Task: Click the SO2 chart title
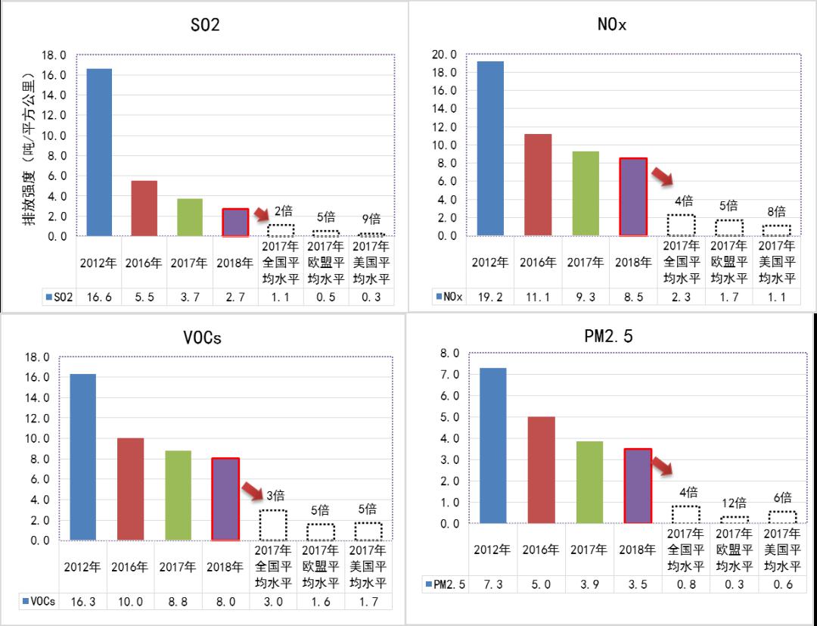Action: [205, 25]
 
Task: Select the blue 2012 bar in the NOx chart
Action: [490, 148]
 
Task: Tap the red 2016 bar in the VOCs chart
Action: [129, 489]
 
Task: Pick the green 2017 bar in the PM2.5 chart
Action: [589, 482]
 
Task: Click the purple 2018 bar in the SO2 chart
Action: [235, 223]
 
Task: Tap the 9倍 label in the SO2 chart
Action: [371, 220]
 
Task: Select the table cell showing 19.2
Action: [490, 297]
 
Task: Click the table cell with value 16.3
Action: [83, 602]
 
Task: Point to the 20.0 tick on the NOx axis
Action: [443, 55]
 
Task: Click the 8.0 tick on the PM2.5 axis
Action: [450, 353]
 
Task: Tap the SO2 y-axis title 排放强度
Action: [29, 148]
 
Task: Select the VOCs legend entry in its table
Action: [35, 602]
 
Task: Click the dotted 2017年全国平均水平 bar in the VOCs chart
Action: [273, 525]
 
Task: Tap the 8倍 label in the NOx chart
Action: [775, 212]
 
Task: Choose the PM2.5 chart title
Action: [610, 335]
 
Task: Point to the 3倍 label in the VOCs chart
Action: [275, 496]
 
